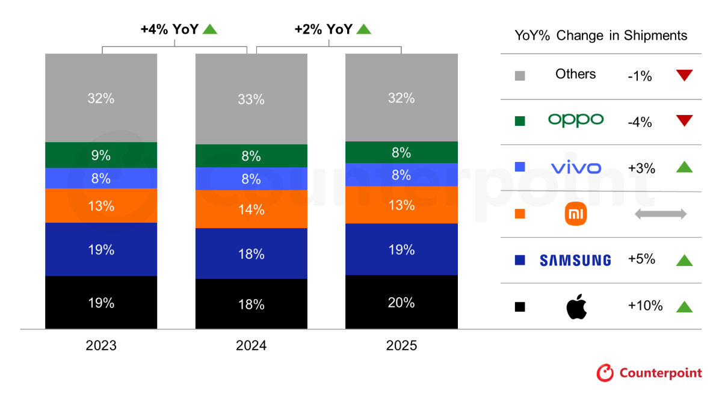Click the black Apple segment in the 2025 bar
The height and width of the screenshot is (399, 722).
point(401,302)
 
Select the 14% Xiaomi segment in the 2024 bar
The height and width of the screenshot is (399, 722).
point(251,209)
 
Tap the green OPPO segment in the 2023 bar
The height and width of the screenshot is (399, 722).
point(100,155)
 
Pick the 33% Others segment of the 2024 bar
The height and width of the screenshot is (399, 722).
point(251,99)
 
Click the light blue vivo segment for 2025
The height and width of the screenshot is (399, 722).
point(401,175)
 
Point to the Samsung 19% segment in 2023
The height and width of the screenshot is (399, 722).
point(100,249)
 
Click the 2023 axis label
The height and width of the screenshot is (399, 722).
point(100,346)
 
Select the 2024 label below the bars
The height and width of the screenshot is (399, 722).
point(251,346)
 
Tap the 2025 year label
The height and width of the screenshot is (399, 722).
point(401,346)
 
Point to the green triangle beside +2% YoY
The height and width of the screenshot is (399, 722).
point(363,28)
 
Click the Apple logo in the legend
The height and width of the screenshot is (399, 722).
point(576,307)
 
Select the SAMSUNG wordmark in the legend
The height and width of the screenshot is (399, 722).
point(575,260)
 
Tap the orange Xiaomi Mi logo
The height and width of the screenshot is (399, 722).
point(576,214)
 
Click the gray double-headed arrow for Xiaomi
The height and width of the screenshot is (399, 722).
point(660,214)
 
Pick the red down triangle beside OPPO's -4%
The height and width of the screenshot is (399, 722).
point(684,121)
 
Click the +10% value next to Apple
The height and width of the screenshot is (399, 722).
point(645,306)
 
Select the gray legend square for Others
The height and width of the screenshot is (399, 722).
point(520,75)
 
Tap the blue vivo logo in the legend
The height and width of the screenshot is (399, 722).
point(576,168)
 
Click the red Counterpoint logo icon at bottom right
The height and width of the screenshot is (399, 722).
point(605,373)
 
